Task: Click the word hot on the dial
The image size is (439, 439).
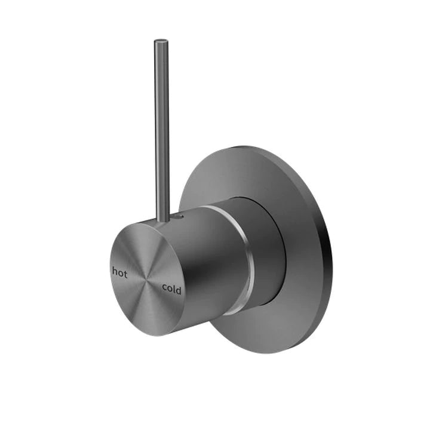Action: (119, 272)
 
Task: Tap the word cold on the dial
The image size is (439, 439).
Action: (171, 289)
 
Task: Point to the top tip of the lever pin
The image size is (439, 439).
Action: (161, 42)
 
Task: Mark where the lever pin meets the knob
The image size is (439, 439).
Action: (162, 220)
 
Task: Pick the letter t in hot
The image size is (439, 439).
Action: (125, 272)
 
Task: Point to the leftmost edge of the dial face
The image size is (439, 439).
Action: (110, 269)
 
